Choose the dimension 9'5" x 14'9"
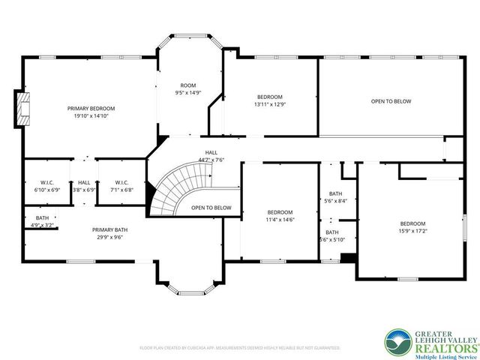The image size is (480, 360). point(188,93)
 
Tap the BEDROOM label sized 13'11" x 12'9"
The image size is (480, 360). point(270,97)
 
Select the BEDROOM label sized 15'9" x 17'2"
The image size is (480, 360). point(412,223)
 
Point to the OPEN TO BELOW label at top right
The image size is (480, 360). point(391,101)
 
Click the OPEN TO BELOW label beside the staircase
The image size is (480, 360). point(211,208)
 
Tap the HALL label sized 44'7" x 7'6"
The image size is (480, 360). point(211,152)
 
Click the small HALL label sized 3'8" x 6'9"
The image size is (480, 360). point(84,182)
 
